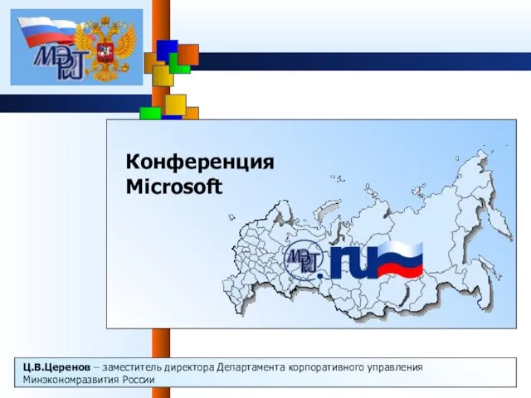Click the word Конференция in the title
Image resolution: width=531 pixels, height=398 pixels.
pyautogui.click(x=200, y=163)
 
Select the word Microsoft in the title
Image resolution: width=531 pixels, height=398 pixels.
pyautogui.click(x=174, y=187)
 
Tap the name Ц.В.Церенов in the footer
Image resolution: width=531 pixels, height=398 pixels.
pyautogui.click(x=57, y=367)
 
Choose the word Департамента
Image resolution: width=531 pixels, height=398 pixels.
pyautogui.click(x=251, y=368)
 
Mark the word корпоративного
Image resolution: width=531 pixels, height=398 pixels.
pyautogui.click(x=326, y=368)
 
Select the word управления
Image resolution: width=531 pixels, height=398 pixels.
pyautogui.click(x=395, y=368)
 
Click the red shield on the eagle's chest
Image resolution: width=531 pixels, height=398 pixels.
pyautogui.click(x=105, y=53)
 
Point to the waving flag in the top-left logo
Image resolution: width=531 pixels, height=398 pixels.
pyautogui.click(x=46, y=32)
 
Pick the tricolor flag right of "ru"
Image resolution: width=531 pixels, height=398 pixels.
pyautogui.click(x=401, y=260)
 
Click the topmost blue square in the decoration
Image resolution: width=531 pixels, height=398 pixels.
pyautogui.click(x=168, y=51)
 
